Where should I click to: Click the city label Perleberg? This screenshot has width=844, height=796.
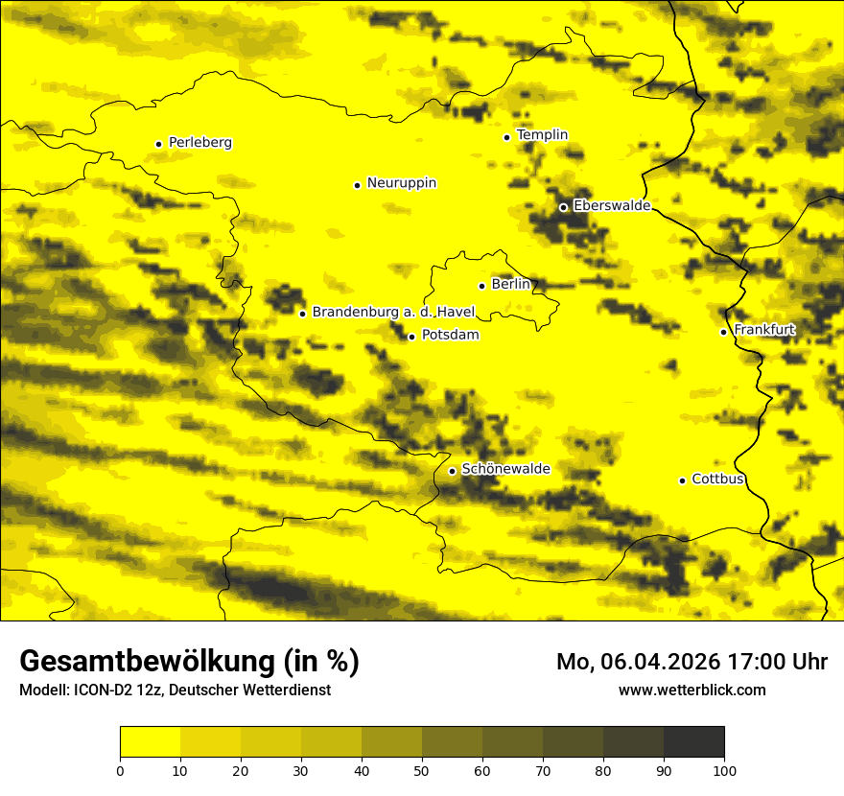coord(199,143)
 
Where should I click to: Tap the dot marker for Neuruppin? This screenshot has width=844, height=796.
coord(357,185)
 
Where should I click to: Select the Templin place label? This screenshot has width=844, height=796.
coord(542,135)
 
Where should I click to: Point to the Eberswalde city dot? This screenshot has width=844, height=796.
coord(563,207)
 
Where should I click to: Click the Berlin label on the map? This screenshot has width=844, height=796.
coord(510,285)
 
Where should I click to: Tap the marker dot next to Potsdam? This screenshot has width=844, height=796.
coord(411,337)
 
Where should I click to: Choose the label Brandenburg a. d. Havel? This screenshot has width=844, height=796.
coord(393,313)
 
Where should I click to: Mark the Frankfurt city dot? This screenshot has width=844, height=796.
coord(723,332)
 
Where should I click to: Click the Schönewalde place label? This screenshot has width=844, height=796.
coord(505,469)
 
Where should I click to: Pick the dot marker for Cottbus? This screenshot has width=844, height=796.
coord(682,480)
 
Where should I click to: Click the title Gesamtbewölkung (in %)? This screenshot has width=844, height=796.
coord(189,662)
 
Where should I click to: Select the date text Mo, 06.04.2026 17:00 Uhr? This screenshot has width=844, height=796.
coord(692,662)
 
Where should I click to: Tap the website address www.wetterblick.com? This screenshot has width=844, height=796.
coord(692,690)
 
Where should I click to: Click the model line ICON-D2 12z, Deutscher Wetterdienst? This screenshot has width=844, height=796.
coord(175,690)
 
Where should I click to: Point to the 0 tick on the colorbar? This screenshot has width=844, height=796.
coord(120,770)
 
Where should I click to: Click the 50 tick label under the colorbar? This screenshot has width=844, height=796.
coord(422,770)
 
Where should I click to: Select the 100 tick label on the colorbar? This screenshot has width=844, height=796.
coord(724,770)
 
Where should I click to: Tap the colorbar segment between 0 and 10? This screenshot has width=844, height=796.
coord(150,742)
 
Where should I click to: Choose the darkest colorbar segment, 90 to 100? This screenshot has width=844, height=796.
coord(693,742)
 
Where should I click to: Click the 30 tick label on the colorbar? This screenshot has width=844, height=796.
coord(301,770)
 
